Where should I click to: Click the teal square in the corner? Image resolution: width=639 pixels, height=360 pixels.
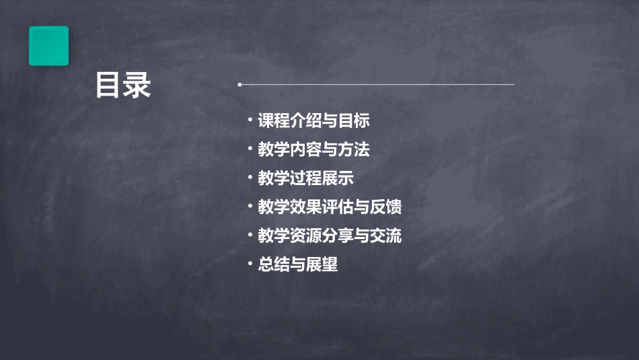tap(48, 46)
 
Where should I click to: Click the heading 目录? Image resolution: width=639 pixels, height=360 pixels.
tap(123, 85)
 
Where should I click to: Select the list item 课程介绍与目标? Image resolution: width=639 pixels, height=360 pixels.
tap(313, 121)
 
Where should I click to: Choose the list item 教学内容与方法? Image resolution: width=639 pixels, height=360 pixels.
tap(313, 149)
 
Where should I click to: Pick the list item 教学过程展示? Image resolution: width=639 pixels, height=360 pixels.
tap(305, 178)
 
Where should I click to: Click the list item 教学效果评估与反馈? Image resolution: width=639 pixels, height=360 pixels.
tap(330, 207)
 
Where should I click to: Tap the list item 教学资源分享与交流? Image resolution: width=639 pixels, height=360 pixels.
tap(330, 236)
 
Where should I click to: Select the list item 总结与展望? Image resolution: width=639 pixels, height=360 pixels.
tap(297, 264)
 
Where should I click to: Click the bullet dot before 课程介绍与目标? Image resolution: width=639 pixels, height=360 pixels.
tap(250, 120)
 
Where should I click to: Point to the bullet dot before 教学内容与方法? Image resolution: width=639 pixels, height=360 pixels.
tap(250, 149)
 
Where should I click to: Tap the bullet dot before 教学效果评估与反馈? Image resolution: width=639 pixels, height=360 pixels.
tap(250, 207)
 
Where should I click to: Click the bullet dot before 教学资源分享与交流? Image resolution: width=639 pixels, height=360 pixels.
tap(250, 236)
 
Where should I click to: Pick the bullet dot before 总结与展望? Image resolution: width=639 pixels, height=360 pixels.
tap(250, 264)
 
